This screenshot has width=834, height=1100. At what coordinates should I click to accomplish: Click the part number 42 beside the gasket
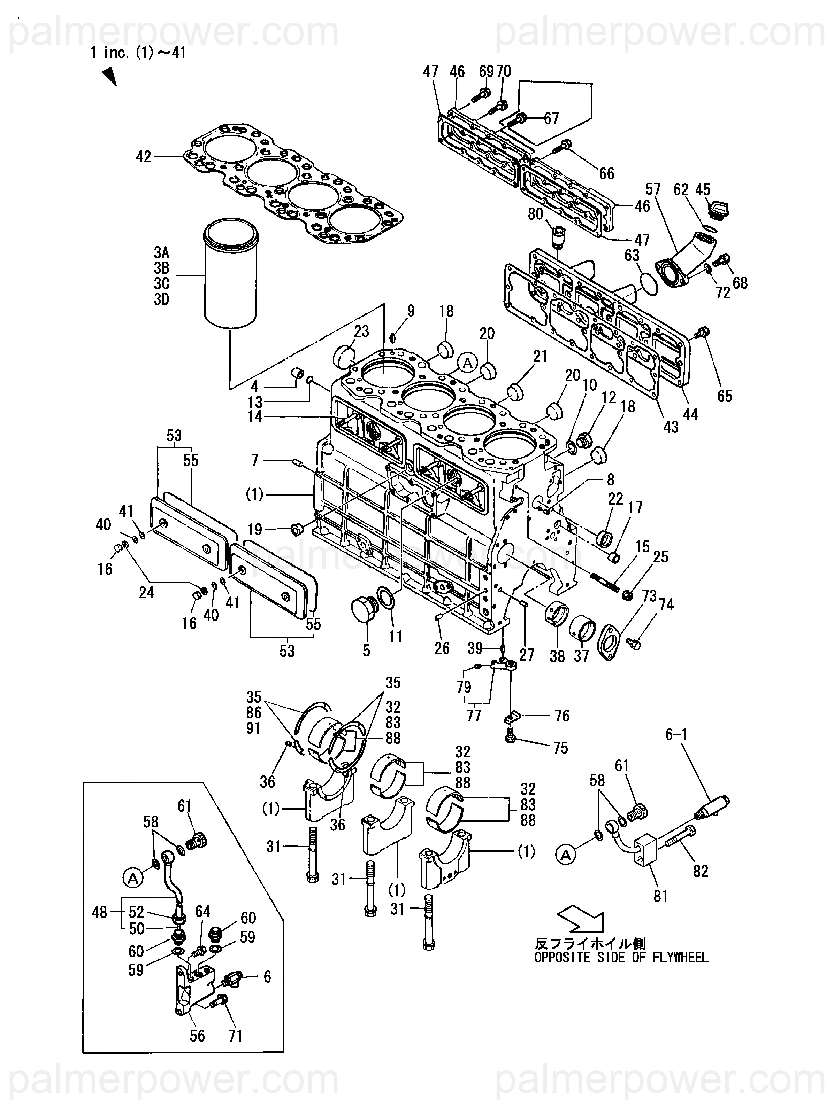pos(143,157)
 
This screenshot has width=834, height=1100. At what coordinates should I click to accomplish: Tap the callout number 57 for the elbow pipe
pos(653,189)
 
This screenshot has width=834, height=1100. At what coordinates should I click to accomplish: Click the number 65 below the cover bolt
pos(725,396)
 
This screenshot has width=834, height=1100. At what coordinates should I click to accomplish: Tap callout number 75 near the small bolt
pos(560,748)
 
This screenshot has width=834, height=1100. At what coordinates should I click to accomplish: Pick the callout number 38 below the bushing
pos(557,656)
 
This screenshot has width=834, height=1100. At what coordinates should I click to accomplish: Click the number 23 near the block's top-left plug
pos(361,331)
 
